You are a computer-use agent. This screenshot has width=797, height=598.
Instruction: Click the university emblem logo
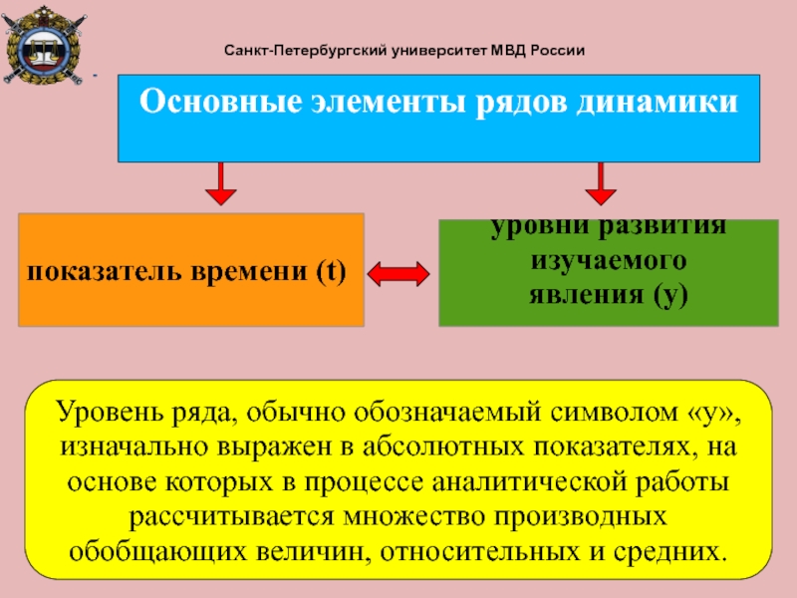pyautogui.click(x=44, y=46)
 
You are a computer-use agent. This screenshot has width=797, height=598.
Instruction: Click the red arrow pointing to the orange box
pyautogui.click(x=220, y=183)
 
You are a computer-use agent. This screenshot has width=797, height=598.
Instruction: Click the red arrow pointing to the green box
pyautogui.click(x=601, y=183)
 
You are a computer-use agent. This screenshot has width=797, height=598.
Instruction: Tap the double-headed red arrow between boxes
pyautogui.click(x=398, y=274)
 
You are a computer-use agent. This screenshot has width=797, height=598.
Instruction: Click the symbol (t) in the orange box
pyautogui.click(x=331, y=271)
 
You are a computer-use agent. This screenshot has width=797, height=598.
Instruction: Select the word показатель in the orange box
pyautogui.click(x=105, y=271)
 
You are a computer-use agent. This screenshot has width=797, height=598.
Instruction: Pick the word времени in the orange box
pyautogui.click(x=249, y=271)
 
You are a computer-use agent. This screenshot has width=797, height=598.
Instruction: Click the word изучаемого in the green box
pyautogui.click(x=609, y=261)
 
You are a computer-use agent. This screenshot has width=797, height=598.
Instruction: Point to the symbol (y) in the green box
pyautogui.click(x=670, y=295)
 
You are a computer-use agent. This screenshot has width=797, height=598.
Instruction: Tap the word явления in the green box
pyautogui.click(x=587, y=294)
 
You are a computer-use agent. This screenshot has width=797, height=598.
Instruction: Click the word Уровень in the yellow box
pyautogui.click(x=110, y=412)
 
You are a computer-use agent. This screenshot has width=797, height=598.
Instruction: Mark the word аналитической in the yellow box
pyautogui.click(x=529, y=482)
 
